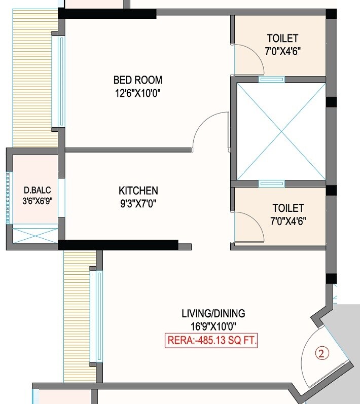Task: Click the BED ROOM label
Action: pyautogui.click(x=137, y=80)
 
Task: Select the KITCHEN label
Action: pyautogui.click(x=138, y=191)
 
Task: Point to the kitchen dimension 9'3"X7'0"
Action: pyautogui.click(x=138, y=203)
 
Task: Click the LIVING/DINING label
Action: pyautogui.click(x=213, y=313)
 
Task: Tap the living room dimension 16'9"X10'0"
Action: pyautogui.click(x=213, y=326)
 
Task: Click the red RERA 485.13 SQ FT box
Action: pyautogui.click(x=212, y=340)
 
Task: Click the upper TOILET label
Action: pyautogui.click(x=282, y=38)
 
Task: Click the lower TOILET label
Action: pyautogui.click(x=287, y=208)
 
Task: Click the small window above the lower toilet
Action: pyautogui.click(x=271, y=183)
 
